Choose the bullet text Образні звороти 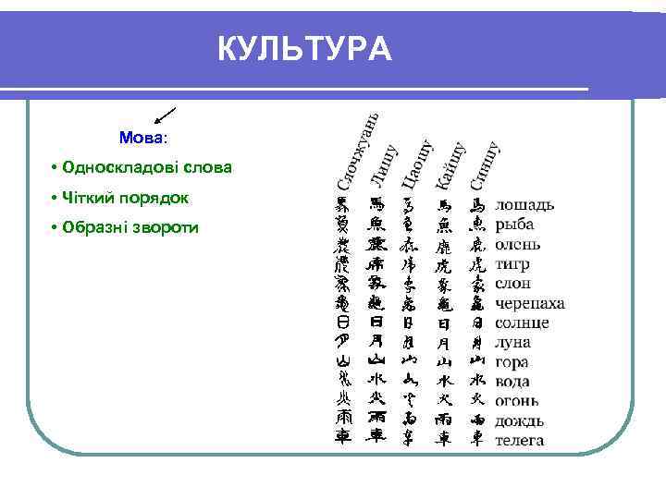(x=130, y=227)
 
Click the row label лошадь (x=524, y=204)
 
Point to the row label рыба (x=514, y=225)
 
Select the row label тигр (x=512, y=263)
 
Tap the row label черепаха (x=530, y=303)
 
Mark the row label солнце (x=522, y=323)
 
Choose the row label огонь (x=517, y=400)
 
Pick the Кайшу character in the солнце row (x=445, y=323)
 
